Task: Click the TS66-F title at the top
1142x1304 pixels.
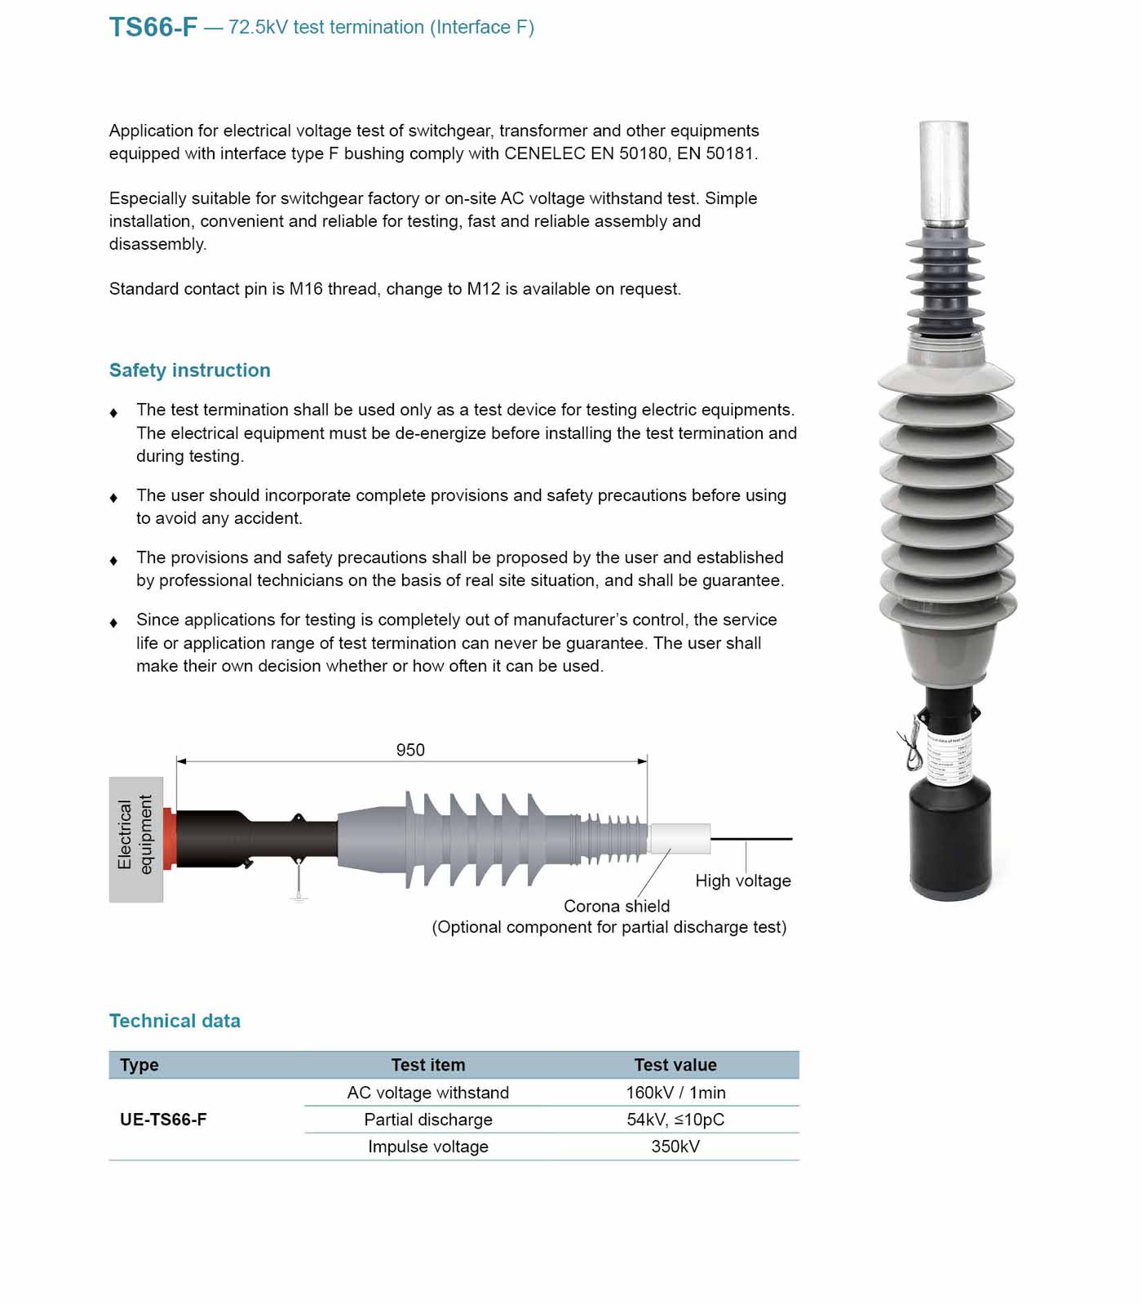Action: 153,27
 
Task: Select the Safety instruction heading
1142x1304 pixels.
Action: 189,370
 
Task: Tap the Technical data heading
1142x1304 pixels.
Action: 175,1021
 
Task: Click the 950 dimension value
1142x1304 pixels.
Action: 410,750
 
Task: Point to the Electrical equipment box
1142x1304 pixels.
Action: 135,839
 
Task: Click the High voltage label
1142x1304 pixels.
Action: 742,880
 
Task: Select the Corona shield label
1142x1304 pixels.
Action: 617,906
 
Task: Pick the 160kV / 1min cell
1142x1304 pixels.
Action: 675,1093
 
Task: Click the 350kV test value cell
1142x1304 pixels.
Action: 675,1147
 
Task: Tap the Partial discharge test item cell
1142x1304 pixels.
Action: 428,1120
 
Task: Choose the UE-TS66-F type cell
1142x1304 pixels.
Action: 163,1120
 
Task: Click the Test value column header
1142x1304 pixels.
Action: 675,1065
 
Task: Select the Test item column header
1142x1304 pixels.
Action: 428,1065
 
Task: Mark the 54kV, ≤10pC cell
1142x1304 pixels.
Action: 675,1120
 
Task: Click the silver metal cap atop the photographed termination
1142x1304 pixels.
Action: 944,171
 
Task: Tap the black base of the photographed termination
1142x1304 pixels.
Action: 949,841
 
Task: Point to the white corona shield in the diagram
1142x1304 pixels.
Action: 679,839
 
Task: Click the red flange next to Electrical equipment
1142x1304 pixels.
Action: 170,839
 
